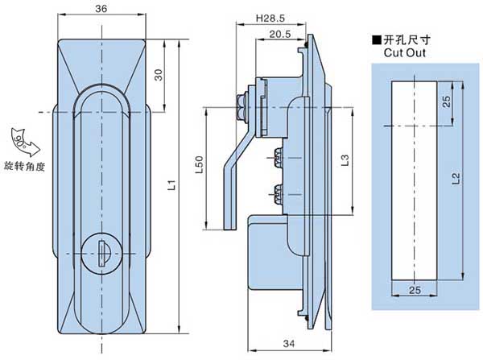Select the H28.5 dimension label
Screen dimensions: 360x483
click(268, 19)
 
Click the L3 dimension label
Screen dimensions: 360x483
click(343, 160)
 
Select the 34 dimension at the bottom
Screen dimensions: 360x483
click(288, 344)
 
